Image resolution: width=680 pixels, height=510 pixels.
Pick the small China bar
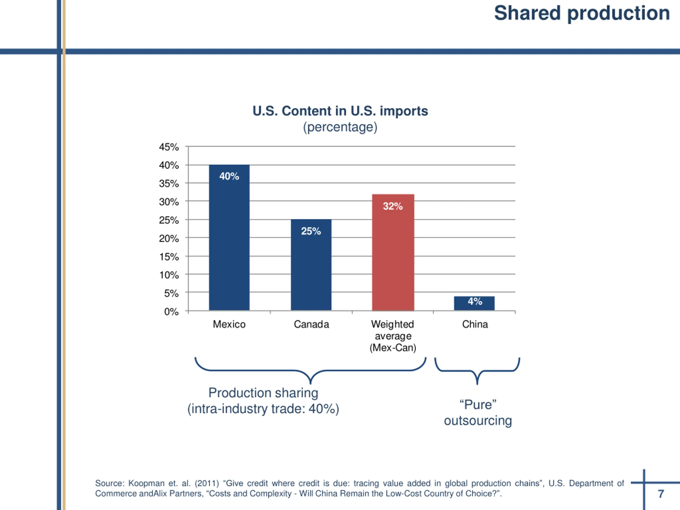(x=474, y=306)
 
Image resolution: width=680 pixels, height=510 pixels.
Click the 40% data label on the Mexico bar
(x=229, y=176)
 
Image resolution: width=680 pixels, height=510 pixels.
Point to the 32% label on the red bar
(x=393, y=206)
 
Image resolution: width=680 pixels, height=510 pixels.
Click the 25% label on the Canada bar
(x=311, y=231)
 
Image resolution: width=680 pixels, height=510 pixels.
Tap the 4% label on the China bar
(x=475, y=301)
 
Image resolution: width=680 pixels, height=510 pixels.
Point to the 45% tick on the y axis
(x=169, y=147)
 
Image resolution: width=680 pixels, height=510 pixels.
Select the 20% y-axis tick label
(x=169, y=238)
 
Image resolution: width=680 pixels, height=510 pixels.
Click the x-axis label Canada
(x=311, y=324)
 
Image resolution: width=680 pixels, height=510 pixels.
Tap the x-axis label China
(x=475, y=324)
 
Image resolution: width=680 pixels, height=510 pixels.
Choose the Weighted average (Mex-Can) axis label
(x=393, y=336)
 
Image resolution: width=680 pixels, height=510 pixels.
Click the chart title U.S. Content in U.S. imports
(x=340, y=111)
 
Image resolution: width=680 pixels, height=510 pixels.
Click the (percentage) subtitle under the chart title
(x=340, y=127)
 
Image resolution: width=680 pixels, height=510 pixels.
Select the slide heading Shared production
(x=582, y=13)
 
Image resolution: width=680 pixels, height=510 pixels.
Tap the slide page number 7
(x=661, y=494)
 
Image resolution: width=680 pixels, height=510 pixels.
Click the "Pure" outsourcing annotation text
(x=478, y=413)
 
